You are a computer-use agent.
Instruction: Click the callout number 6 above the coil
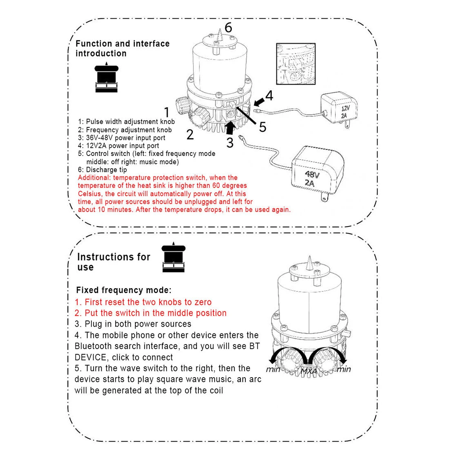(228, 27)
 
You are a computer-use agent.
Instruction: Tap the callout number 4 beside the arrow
(269, 96)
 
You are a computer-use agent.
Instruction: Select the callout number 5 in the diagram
(262, 127)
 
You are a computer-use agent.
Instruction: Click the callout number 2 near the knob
(190, 134)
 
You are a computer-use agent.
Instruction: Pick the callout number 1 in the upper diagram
(167, 112)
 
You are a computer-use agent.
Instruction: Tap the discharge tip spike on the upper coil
(219, 35)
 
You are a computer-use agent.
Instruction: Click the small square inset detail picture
(296, 64)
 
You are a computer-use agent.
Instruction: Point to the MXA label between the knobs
(309, 372)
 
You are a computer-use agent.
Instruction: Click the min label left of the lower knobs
(273, 370)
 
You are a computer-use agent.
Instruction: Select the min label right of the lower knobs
(344, 369)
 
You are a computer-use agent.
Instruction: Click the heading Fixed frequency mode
(124, 290)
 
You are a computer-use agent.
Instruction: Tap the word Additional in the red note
(94, 178)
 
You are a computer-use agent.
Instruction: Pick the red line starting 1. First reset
(143, 302)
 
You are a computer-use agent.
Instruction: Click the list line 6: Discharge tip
(102, 170)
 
